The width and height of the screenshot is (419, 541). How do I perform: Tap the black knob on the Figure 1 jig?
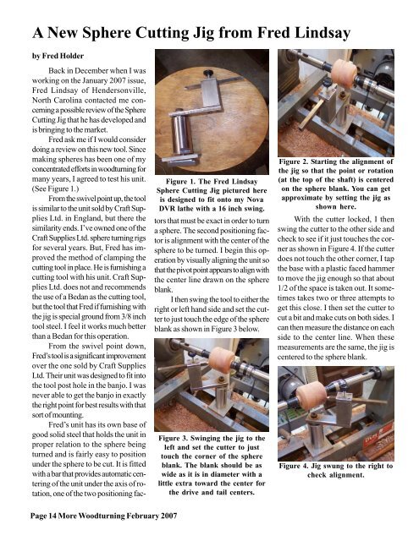click(196, 85)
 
